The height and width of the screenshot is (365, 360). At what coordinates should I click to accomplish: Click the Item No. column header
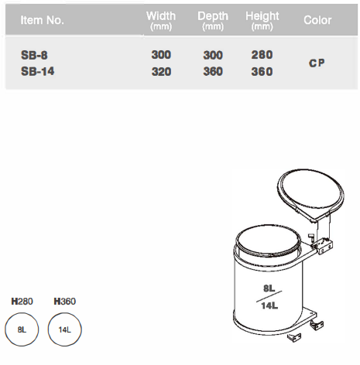(42, 20)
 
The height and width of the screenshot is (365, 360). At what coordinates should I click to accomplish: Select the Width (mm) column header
(161, 21)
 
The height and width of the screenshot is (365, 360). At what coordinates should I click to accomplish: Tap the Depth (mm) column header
(213, 21)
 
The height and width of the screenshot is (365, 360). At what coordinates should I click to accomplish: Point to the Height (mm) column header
(262, 21)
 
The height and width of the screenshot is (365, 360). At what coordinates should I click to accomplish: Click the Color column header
(317, 20)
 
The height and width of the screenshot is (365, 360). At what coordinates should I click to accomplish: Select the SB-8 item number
(34, 55)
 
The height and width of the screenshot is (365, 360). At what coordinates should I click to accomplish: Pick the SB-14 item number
(38, 71)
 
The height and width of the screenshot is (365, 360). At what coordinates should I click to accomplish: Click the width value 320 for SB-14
(161, 71)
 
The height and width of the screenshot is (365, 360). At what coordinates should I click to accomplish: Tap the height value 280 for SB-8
(262, 55)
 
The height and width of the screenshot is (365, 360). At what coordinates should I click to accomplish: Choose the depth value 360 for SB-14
(213, 71)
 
